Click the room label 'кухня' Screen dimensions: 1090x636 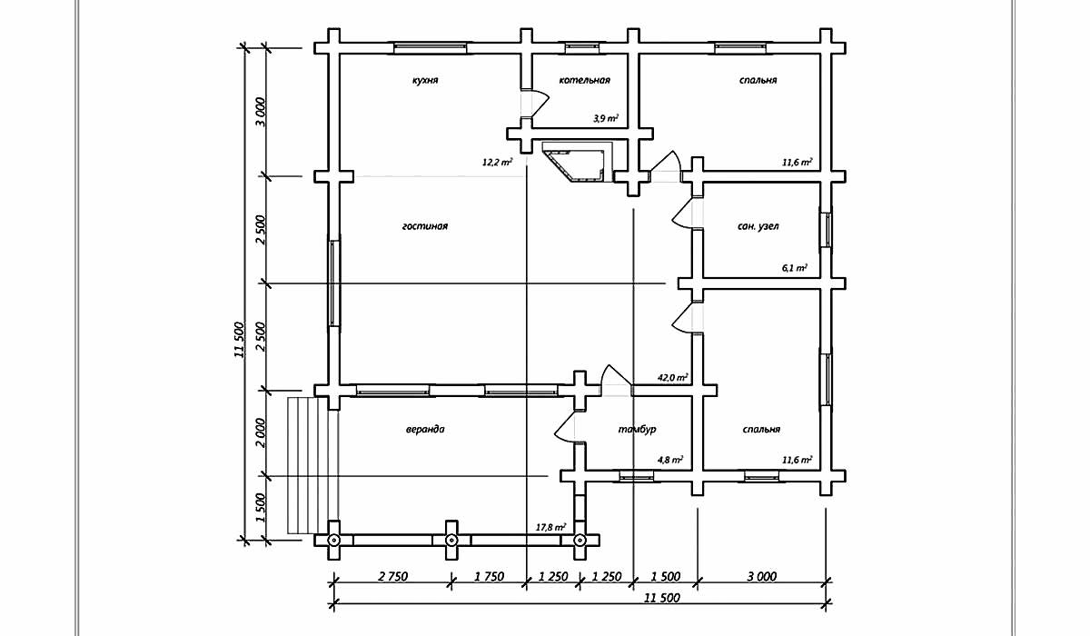425,80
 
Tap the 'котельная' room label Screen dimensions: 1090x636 584,80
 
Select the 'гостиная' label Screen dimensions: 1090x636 425,226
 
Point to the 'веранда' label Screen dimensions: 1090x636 425,429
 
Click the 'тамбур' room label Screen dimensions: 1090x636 637,429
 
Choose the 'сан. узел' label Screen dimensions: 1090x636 758,226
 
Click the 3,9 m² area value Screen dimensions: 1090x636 606,118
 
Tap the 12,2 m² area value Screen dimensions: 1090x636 497,162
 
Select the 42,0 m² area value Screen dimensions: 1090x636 672,377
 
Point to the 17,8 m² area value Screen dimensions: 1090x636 550,527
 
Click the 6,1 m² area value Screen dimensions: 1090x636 795,268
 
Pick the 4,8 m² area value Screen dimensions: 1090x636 670,460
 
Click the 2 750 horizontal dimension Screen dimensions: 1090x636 392,577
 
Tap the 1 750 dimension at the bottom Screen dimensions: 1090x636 489,577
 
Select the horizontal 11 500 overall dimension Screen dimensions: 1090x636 662,598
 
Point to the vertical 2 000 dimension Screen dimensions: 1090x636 261,433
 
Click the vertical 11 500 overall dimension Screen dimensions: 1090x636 239,340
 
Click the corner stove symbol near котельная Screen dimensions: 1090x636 578,162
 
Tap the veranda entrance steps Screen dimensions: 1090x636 308,465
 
